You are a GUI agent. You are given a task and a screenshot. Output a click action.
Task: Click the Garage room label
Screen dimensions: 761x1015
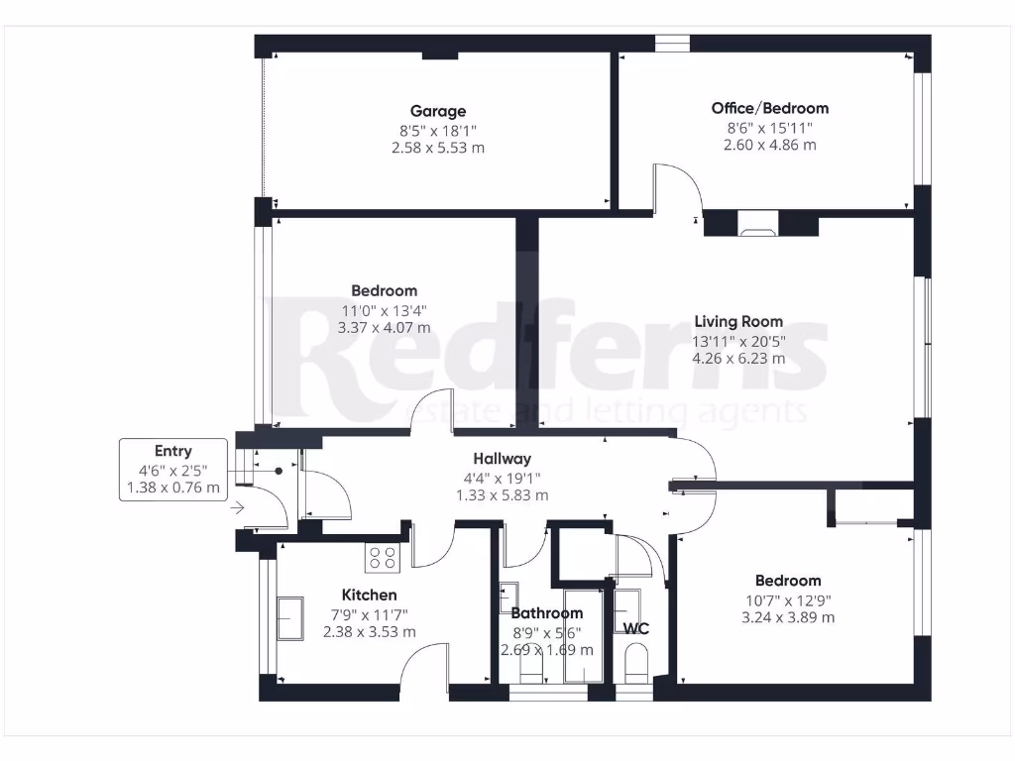pos(438,111)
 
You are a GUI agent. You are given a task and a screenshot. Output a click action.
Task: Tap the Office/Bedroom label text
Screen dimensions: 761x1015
pos(769,108)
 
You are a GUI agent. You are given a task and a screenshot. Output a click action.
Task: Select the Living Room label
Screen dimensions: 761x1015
pos(737,321)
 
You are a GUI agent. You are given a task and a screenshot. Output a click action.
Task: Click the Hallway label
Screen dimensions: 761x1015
pos(502,459)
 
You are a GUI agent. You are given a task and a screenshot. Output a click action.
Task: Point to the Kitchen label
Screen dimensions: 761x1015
pos(369,595)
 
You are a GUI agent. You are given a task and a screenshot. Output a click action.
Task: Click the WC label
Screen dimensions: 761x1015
pos(634,628)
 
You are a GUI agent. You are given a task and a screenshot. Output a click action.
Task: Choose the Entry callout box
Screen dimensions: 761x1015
pos(173,469)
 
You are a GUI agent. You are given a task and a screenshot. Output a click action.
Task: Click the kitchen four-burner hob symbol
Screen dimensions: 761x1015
pos(383,558)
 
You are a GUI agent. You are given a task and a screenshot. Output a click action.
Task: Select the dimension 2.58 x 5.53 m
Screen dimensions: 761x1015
pos(438,148)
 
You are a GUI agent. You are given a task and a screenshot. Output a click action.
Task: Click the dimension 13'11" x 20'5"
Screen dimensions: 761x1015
pos(737,340)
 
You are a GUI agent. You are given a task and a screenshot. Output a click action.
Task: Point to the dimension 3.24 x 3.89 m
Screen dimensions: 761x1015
pos(787,617)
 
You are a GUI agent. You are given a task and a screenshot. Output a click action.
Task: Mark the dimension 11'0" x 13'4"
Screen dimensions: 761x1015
pos(384,309)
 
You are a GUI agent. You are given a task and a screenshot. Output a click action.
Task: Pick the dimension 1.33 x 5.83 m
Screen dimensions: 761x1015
pos(502,495)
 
